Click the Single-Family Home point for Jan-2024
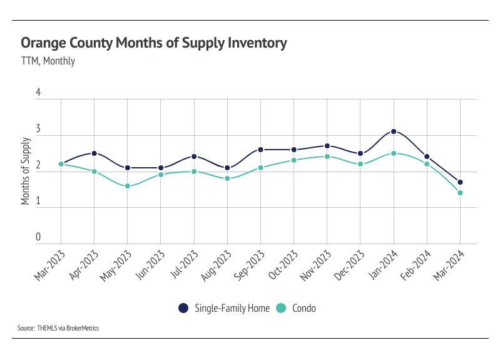click(x=394, y=131)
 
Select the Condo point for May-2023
click(x=127, y=186)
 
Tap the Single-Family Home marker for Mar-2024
click(x=460, y=182)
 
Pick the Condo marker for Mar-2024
click(x=460, y=193)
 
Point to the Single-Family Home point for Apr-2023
click(x=94, y=153)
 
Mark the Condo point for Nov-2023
click(x=327, y=157)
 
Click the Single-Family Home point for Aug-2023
click(x=227, y=168)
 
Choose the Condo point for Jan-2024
click(x=394, y=153)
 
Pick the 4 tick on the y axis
click(x=38, y=93)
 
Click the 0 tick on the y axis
click(x=38, y=237)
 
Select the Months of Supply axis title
click(x=26, y=171)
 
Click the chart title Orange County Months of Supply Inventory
click(x=154, y=43)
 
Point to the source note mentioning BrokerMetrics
click(x=59, y=328)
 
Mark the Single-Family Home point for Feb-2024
click(x=427, y=157)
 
